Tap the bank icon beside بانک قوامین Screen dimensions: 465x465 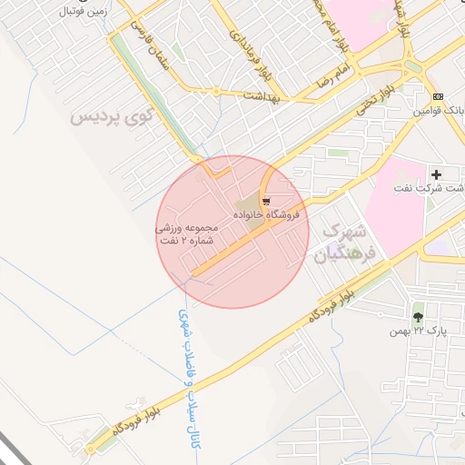[x=440, y=95]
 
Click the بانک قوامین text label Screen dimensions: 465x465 [x=435, y=111]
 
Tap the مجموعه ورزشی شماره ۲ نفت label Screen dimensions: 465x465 [x=187, y=234]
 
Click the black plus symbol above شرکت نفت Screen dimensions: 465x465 [x=437, y=173]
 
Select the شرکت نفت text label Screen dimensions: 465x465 [x=430, y=188]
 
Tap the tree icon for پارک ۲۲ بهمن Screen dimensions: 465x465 [x=417, y=317]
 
